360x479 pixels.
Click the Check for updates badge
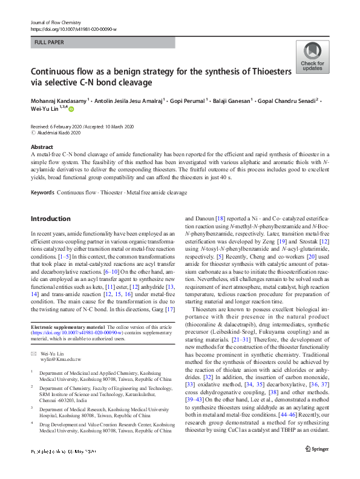[x=312, y=57]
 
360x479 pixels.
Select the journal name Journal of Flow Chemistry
[x=56, y=22]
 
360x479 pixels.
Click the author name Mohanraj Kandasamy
[x=59, y=100]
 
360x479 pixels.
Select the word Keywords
[x=43, y=193]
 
